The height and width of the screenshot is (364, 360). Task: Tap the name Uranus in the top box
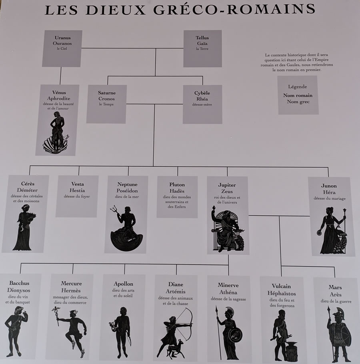point(63,38)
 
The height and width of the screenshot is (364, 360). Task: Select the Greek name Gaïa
point(202,44)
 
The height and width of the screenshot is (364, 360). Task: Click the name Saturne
point(107,93)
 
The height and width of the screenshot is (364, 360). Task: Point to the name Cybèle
point(202,93)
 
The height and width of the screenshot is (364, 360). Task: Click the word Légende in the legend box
point(298,86)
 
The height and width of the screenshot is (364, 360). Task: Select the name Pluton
point(177,184)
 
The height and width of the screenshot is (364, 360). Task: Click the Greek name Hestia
point(77,190)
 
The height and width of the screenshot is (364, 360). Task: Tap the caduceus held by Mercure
point(56,316)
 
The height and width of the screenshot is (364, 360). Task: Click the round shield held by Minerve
point(235,335)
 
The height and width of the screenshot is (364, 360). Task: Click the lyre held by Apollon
point(112,326)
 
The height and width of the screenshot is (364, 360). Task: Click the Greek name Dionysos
point(18,290)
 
